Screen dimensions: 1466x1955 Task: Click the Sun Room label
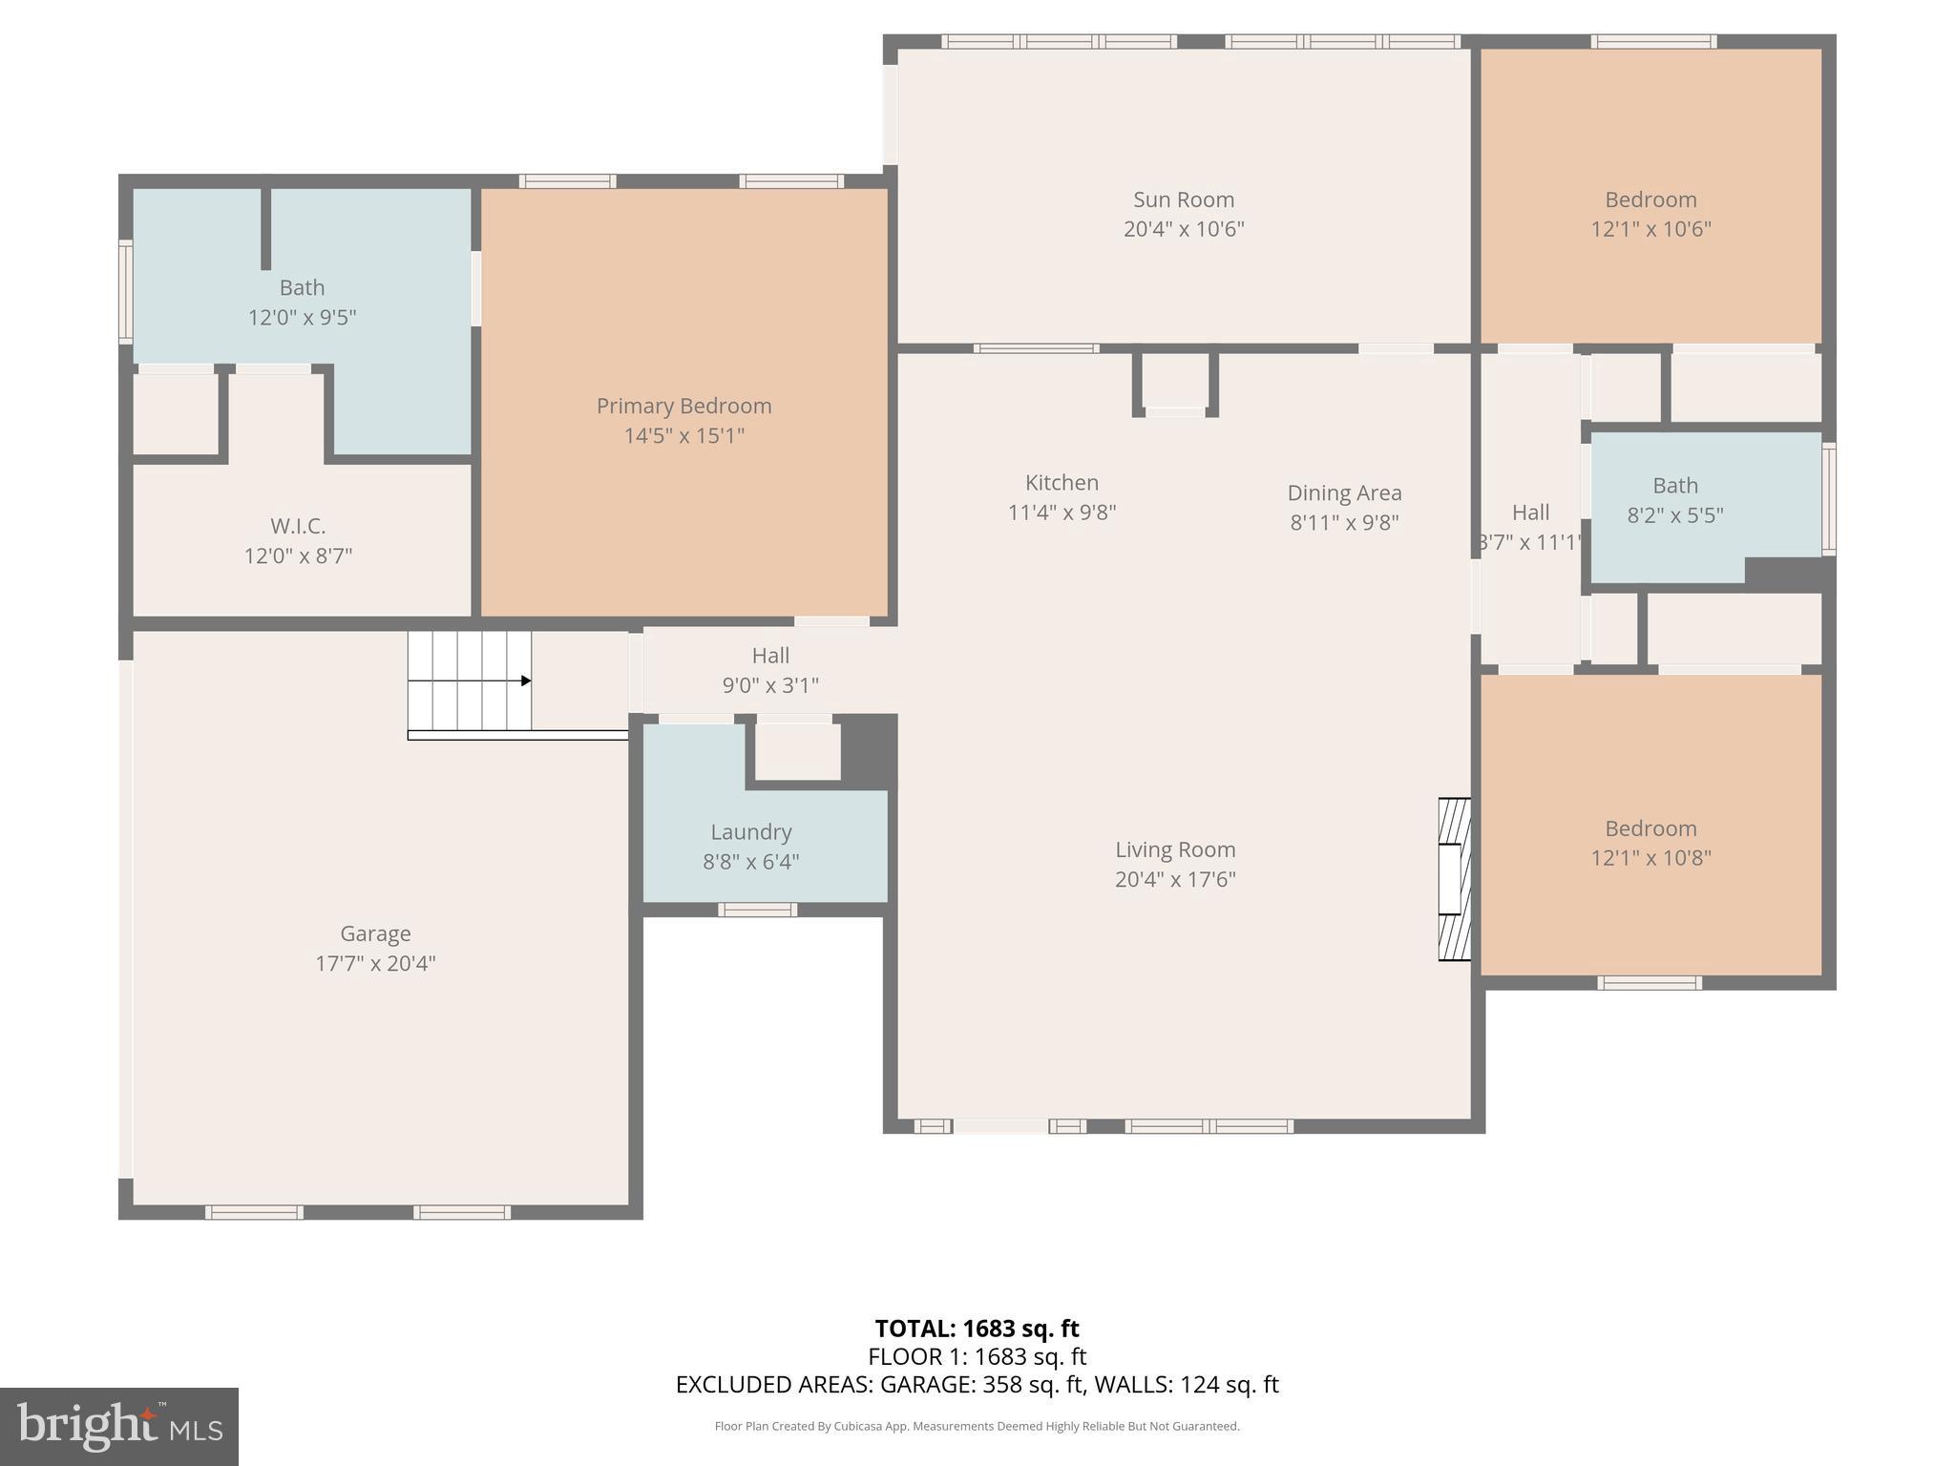pyautogui.click(x=1183, y=199)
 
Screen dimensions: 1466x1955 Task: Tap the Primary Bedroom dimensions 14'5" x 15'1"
pyautogui.click(x=683, y=436)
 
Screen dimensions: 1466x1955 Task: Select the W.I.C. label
pyautogui.click(x=298, y=526)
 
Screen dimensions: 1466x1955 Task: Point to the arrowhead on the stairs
pyautogui.click(x=526, y=681)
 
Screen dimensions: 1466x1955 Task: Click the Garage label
pyautogui.click(x=375, y=933)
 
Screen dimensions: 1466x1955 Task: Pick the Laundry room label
pyautogui.click(x=750, y=832)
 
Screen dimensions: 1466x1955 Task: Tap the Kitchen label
pyautogui.click(x=1062, y=483)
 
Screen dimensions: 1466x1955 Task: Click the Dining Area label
pyautogui.click(x=1344, y=493)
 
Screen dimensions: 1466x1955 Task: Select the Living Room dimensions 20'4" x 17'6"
pyautogui.click(x=1175, y=879)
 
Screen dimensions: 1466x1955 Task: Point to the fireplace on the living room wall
pyautogui.click(x=1455, y=879)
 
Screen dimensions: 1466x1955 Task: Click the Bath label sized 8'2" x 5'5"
pyautogui.click(x=1674, y=486)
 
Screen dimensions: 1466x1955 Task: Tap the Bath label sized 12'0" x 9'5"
pyautogui.click(x=302, y=287)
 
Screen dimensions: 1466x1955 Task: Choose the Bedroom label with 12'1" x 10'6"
pyautogui.click(x=1650, y=199)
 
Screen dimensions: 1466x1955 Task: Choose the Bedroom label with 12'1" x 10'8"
pyautogui.click(x=1650, y=828)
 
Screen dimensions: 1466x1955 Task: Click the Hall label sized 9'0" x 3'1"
pyautogui.click(x=770, y=656)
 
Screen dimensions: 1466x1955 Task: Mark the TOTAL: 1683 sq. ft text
pyautogui.click(x=977, y=1329)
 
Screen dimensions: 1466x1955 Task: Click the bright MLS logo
pyautogui.click(x=119, y=1426)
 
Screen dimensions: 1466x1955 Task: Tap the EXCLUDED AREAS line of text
pyautogui.click(x=977, y=1384)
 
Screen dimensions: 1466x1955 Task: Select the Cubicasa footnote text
pyautogui.click(x=977, y=1426)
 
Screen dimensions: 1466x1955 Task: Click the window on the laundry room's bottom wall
pyautogui.click(x=757, y=910)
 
